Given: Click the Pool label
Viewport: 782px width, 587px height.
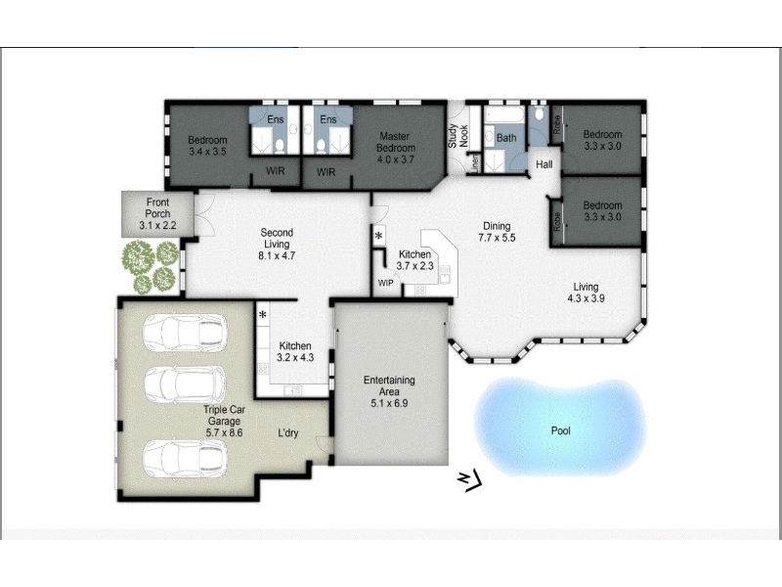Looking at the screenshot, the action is point(560,430).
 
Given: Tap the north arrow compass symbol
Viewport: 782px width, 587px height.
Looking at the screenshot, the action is point(470,480).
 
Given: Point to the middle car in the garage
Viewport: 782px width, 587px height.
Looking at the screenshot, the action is point(185,384).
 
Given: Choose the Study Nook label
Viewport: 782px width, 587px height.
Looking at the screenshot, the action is point(457,136).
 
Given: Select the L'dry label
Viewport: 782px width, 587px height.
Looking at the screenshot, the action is point(287,432).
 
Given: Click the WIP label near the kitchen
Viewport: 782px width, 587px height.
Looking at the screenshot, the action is point(385,283).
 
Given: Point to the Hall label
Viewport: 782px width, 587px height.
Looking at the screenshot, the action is point(544,164).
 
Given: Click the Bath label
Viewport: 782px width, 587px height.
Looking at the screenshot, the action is point(506,138).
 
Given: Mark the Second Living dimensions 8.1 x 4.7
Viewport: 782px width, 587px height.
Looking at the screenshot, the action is point(277,256).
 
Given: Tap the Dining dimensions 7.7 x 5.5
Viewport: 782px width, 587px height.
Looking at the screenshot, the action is point(497,238).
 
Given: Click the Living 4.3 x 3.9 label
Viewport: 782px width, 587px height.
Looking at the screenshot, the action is point(586,293).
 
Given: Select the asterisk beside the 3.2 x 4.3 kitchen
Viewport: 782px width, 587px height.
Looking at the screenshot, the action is point(262,315).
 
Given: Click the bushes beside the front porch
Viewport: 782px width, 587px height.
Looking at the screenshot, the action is point(151,266).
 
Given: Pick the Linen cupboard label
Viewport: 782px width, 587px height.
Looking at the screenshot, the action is point(475,163).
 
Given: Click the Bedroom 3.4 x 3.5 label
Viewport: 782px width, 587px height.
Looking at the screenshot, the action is point(207,146).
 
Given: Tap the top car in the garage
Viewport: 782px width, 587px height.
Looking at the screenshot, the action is point(185,333).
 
